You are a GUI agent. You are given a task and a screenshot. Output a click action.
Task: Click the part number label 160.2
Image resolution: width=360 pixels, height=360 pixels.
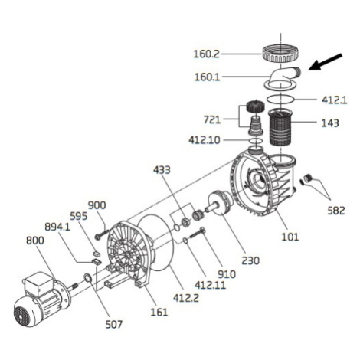[206, 54]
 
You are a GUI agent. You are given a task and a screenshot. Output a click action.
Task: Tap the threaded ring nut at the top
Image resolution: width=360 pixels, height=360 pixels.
[280, 54]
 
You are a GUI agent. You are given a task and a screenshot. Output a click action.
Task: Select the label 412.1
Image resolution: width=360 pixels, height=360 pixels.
[335, 100]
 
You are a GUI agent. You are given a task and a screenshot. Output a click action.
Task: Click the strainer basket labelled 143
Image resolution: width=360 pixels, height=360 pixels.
[280, 127]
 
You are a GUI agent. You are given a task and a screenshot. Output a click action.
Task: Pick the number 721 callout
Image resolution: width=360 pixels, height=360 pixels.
[212, 119]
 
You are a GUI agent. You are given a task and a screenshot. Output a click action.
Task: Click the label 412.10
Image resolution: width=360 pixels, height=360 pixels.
[205, 140]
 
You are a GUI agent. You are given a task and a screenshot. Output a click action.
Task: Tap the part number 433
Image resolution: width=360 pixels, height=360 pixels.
[162, 170]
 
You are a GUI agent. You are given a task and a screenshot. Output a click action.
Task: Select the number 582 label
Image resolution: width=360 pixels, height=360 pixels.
[336, 211]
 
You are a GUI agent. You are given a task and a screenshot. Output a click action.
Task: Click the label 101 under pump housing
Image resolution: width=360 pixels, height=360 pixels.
[290, 237]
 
